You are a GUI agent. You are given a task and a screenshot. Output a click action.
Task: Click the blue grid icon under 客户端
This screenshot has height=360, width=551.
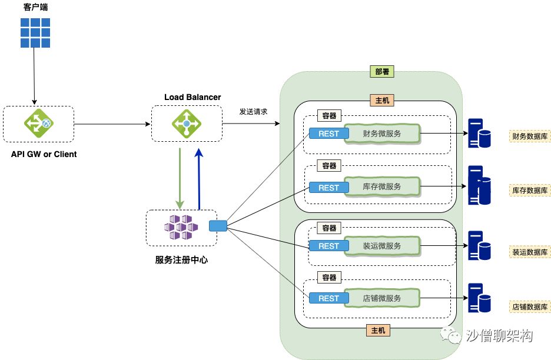(x=35, y=33)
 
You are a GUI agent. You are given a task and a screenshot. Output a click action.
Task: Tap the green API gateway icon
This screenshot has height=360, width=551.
(x=39, y=124)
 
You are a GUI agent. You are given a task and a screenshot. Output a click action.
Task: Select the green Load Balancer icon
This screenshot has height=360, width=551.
(x=187, y=124)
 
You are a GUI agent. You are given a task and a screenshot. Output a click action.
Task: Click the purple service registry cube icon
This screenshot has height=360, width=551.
(x=181, y=227)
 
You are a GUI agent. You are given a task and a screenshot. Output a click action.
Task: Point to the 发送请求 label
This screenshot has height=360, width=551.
(x=253, y=111)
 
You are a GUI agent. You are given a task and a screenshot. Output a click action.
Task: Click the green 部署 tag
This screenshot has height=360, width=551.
(x=382, y=72)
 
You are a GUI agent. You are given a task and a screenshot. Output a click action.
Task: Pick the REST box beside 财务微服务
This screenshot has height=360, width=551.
(x=329, y=134)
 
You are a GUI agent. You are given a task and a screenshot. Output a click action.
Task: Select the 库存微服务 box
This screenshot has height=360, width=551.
(x=382, y=186)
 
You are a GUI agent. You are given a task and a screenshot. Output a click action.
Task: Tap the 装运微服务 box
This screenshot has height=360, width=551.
(x=382, y=246)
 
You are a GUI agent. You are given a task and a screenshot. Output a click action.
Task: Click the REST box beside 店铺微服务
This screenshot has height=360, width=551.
(x=329, y=298)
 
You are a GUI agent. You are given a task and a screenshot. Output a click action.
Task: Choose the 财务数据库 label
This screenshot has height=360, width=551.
(x=530, y=136)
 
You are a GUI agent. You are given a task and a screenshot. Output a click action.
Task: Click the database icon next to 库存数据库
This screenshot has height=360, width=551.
(x=479, y=185)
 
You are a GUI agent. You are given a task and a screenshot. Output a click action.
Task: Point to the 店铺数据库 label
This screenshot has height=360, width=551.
(x=530, y=307)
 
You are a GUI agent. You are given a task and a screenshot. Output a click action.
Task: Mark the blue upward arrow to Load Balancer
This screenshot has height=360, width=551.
(x=199, y=179)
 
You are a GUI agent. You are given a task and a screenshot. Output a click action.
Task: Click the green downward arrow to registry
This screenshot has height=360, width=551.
(x=180, y=178)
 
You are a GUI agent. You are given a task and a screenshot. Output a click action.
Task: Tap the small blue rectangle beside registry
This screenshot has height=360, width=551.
(x=218, y=226)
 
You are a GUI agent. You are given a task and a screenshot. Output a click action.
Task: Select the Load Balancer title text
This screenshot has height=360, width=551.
(x=192, y=97)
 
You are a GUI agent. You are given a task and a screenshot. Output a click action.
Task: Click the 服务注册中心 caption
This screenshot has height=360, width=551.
(x=181, y=259)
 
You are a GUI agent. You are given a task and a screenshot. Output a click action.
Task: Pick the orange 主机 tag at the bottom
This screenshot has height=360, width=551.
(x=378, y=330)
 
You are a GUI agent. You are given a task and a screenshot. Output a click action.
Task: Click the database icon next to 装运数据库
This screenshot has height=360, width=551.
(x=479, y=245)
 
